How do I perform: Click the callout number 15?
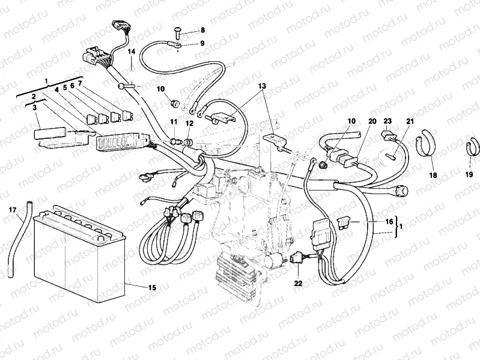tap(151, 288)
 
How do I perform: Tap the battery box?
tap(78, 258)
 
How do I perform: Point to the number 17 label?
tap(13, 210)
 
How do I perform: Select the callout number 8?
tap(202, 29)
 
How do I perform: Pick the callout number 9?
tap(202, 43)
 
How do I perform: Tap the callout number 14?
tap(132, 52)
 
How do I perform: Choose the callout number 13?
tap(262, 86)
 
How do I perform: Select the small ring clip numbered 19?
tap(472, 150)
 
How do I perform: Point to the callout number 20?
tap(372, 121)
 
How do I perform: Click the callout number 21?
tap(410, 121)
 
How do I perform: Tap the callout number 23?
tap(387, 121)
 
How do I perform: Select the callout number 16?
tap(389, 222)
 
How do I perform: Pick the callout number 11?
tap(173, 123)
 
